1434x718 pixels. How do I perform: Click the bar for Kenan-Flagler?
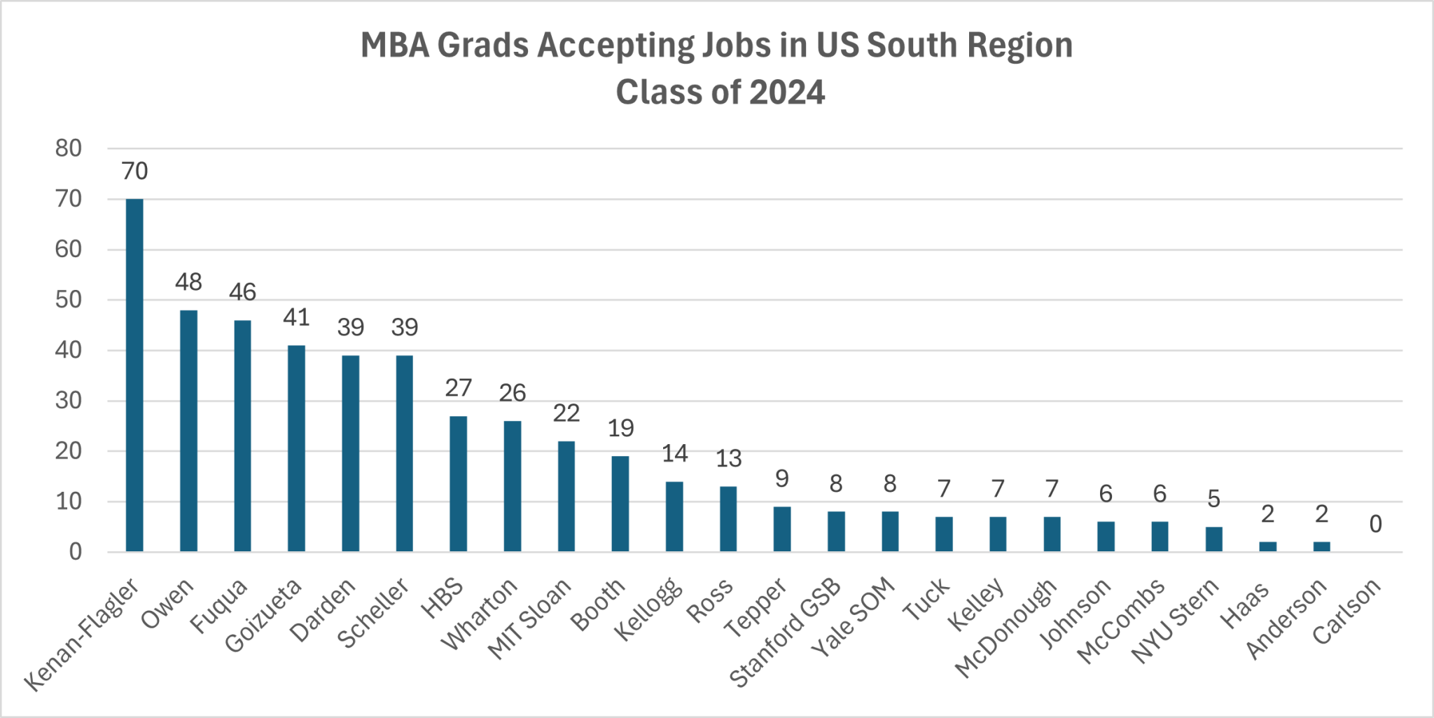(134, 375)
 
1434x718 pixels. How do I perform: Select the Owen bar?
(188, 431)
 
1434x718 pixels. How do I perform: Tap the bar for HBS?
(458, 483)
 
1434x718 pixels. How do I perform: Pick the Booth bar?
(620, 504)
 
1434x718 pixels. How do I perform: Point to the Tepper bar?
(782, 529)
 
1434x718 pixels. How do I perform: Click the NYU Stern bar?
(1213, 539)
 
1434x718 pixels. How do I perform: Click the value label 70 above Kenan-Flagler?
(134, 171)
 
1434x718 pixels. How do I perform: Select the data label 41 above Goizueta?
(296, 317)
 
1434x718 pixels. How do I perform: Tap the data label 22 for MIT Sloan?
(566, 413)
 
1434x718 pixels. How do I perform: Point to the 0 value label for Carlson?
(1375, 524)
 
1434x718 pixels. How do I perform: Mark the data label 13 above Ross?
(728, 459)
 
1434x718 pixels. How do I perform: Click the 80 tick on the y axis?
(69, 149)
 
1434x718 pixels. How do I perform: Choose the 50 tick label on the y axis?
(69, 300)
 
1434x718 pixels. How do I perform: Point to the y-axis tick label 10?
(69, 502)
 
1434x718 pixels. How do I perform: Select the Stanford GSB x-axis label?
(786, 633)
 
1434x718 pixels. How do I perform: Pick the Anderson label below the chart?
(1287, 619)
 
